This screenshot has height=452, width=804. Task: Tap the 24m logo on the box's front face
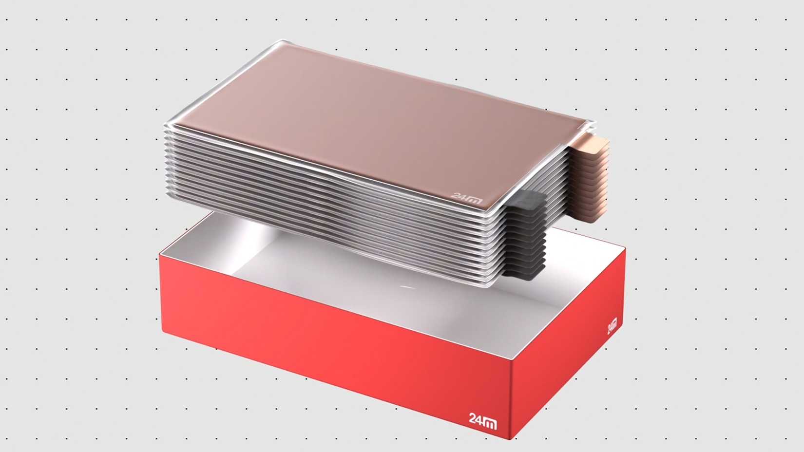[x=482, y=421]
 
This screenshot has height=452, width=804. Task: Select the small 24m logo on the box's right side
[x=612, y=326]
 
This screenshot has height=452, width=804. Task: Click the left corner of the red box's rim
[x=161, y=254]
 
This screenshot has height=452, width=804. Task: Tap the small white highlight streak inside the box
[x=407, y=287]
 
